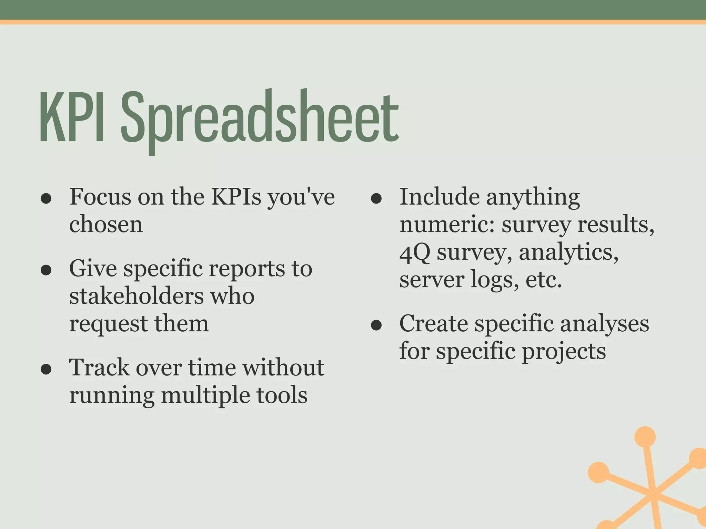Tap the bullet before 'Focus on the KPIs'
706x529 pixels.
[x=46, y=199]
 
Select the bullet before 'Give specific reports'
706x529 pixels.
[x=46, y=270]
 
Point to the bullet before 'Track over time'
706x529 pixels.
[x=46, y=369]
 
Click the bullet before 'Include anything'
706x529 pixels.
[x=376, y=199]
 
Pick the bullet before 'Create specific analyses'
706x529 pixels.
[x=376, y=325]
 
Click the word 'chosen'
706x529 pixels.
[x=106, y=225]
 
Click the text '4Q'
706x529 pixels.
[x=415, y=252]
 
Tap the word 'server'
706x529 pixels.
[x=431, y=280]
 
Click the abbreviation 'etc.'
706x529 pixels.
[x=544, y=280]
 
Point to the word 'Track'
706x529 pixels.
[x=99, y=367]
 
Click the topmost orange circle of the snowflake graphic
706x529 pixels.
[x=645, y=437]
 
